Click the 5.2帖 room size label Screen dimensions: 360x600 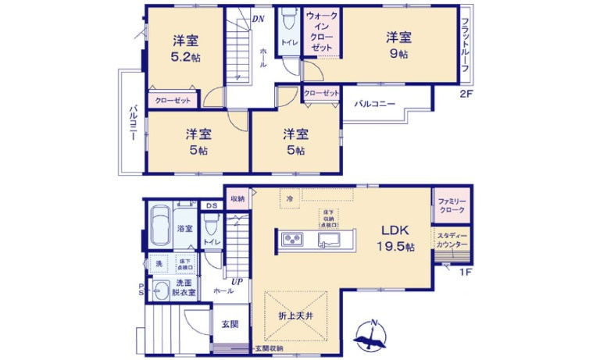click(x=184, y=56)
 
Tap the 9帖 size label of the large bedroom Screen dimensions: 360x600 click(x=398, y=54)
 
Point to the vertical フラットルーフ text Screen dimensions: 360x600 click(x=464, y=45)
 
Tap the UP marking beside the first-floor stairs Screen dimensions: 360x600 click(x=235, y=281)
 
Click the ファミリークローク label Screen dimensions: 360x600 click(x=452, y=206)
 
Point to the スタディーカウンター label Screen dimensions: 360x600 click(x=452, y=241)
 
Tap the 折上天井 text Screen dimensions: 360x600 click(x=296, y=315)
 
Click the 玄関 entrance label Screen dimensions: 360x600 click(x=229, y=324)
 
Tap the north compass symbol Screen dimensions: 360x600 click(x=372, y=337)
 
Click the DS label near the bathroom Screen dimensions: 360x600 click(x=210, y=205)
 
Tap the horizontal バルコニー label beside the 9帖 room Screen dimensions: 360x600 click(x=374, y=103)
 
